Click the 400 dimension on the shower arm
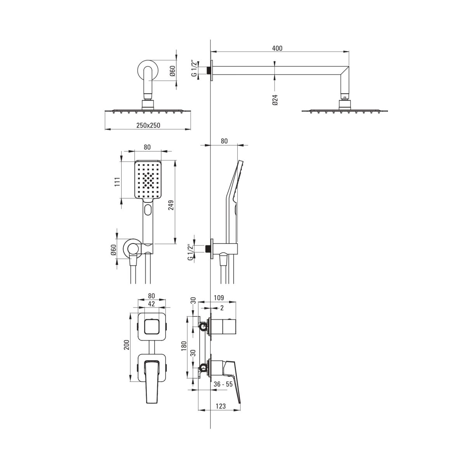pyautogui.click(x=277, y=49)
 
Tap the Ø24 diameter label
pyautogui.click(x=275, y=100)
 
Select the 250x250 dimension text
pyautogui.click(x=148, y=125)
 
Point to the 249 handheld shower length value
pyautogui.click(x=171, y=205)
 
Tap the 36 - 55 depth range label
pyautogui.click(x=223, y=391)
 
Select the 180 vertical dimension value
pyautogui.click(x=184, y=346)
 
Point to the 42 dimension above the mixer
pyautogui.click(x=151, y=304)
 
